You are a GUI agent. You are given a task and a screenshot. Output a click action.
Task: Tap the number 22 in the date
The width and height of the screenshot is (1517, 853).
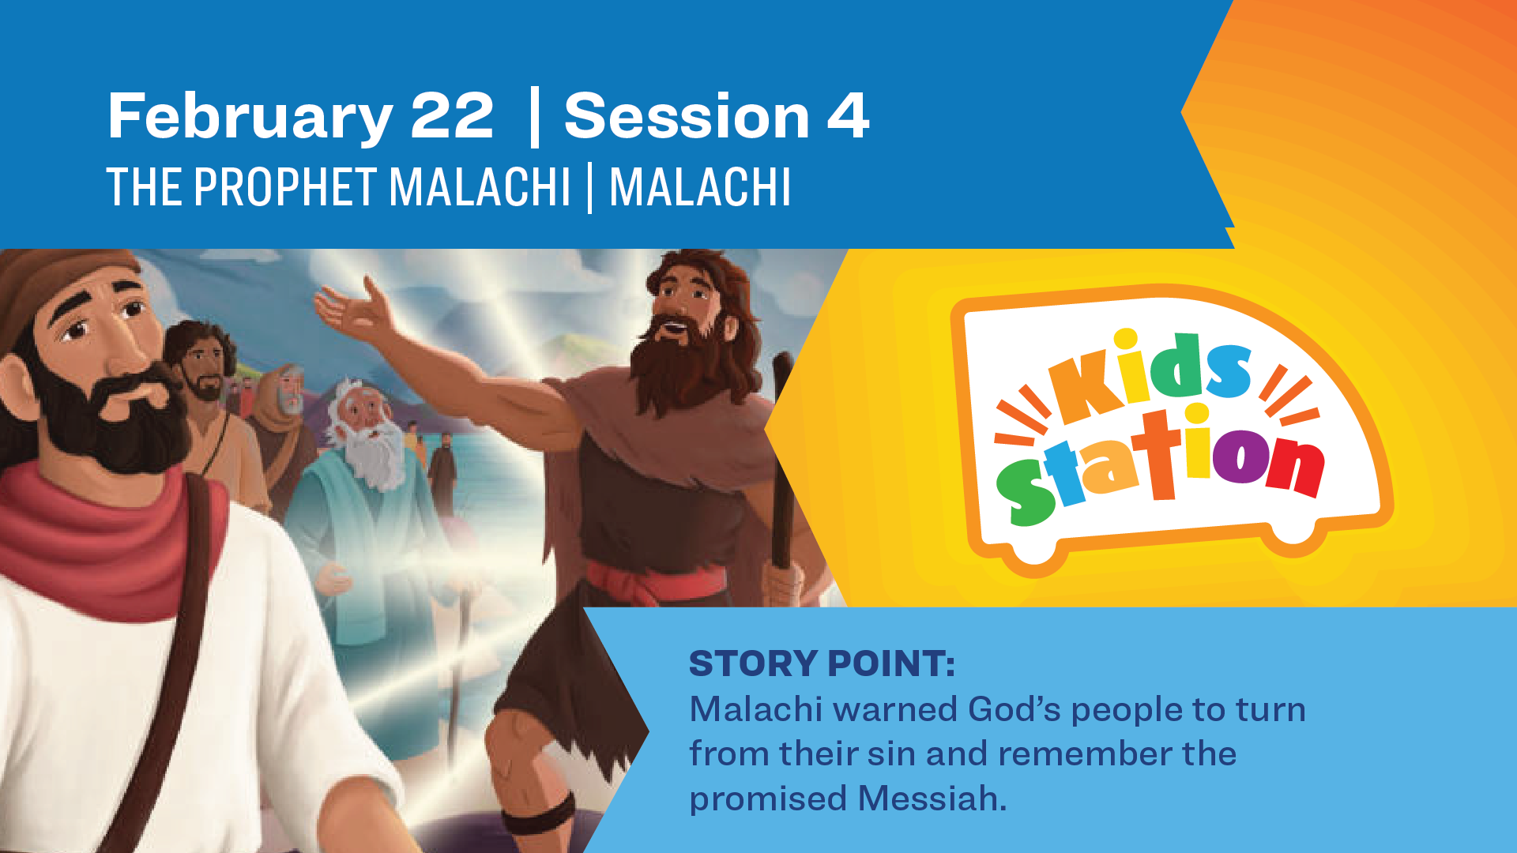(x=452, y=116)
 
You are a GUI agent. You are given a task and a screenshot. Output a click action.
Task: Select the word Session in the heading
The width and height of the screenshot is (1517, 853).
(x=687, y=116)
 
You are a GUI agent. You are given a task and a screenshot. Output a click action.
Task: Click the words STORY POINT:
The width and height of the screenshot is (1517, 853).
(x=822, y=663)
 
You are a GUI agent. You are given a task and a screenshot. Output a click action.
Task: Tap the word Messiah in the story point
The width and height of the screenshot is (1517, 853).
(x=932, y=799)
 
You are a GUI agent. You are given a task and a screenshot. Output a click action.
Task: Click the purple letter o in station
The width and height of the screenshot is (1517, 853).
(x=1240, y=456)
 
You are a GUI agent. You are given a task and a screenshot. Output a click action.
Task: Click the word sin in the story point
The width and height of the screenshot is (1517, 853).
(x=893, y=754)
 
